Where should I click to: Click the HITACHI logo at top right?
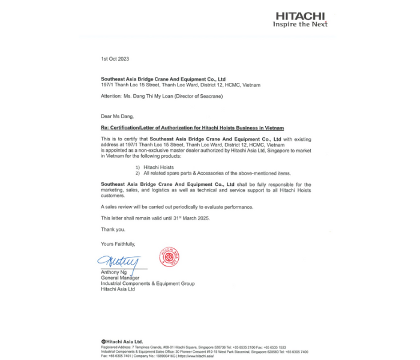tap(300, 16)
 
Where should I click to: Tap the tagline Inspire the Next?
tap(300, 25)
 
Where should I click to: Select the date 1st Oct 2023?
tap(115, 59)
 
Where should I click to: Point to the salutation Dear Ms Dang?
tap(118, 116)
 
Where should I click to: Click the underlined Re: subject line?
tap(192, 128)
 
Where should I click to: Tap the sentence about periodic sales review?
tap(177, 207)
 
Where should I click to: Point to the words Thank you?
tap(113, 229)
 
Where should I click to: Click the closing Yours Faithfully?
tap(118, 244)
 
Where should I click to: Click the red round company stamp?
tap(169, 257)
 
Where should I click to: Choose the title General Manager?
tap(120, 278)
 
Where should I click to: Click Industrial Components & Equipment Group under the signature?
tap(148, 283)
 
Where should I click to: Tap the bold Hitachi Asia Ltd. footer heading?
tap(122, 342)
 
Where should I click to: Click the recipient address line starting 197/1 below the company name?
tap(181, 85)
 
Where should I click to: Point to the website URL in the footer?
tap(196, 356)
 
